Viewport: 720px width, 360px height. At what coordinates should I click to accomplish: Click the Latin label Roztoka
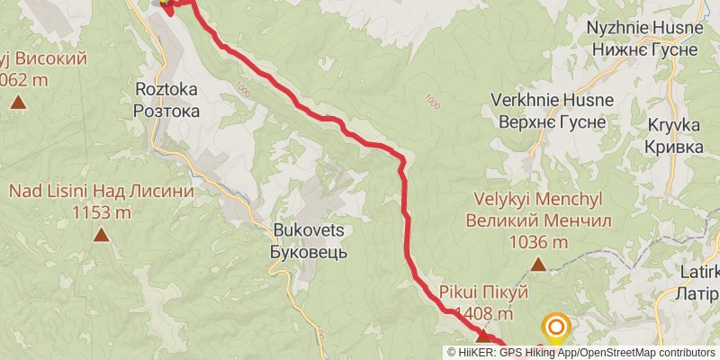166,90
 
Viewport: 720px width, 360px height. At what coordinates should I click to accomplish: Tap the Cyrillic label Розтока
166,111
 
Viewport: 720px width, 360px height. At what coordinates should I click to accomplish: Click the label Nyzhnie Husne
643,28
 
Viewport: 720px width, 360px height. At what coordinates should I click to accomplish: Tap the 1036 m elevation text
538,241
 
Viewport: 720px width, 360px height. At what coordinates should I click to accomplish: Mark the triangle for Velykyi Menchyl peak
538,265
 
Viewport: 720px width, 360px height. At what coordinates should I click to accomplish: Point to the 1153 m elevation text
102,213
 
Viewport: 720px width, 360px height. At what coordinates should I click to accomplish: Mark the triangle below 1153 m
102,236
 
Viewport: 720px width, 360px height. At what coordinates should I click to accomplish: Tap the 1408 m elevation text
484,314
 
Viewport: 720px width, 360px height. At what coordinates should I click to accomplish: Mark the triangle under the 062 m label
18,102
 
